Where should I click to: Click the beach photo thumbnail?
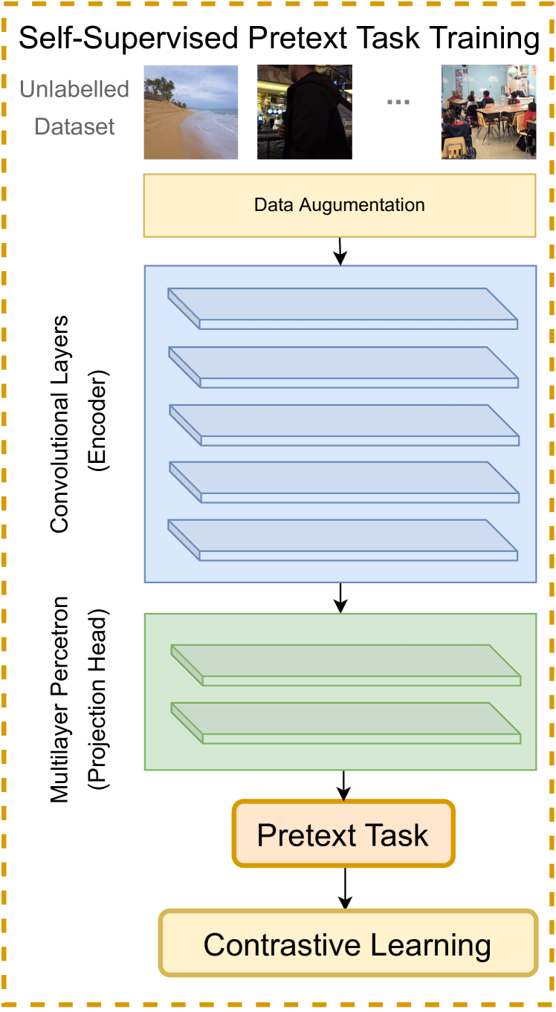(191, 112)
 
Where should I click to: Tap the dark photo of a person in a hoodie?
(305, 112)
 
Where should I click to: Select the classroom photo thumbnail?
(488, 112)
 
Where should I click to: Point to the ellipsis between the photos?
(398, 103)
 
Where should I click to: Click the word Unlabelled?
(74, 89)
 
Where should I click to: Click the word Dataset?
(75, 127)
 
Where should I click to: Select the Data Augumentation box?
(340, 205)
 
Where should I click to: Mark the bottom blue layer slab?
(343, 539)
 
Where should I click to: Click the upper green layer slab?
(346, 664)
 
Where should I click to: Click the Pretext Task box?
(343, 834)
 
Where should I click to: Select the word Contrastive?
(282, 945)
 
